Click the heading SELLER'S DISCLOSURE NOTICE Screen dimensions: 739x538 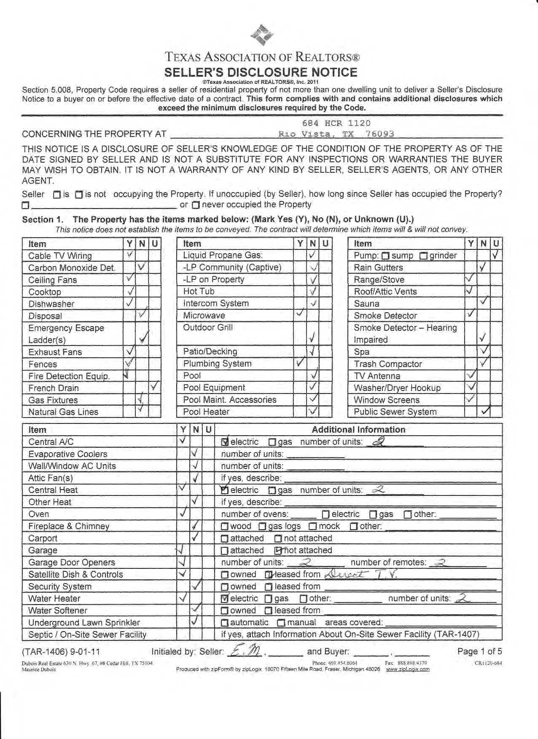click(x=261, y=72)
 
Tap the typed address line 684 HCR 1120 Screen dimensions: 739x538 click(x=336, y=123)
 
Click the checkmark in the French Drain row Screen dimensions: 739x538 click(x=155, y=386)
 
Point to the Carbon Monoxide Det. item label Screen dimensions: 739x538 click(x=72, y=268)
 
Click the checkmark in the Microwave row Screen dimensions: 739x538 click(x=300, y=313)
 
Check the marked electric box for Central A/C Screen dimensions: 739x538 click(x=225, y=442)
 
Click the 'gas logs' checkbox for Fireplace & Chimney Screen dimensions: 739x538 click(x=262, y=527)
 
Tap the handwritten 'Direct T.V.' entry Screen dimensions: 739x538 click(x=362, y=574)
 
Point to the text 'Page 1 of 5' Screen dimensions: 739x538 click(x=479, y=651)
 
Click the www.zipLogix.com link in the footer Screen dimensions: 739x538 click(x=408, y=669)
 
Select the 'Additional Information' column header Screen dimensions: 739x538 click(x=358, y=430)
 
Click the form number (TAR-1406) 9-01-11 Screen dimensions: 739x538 click(x=61, y=652)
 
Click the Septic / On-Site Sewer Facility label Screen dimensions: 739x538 click(x=87, y=635)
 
